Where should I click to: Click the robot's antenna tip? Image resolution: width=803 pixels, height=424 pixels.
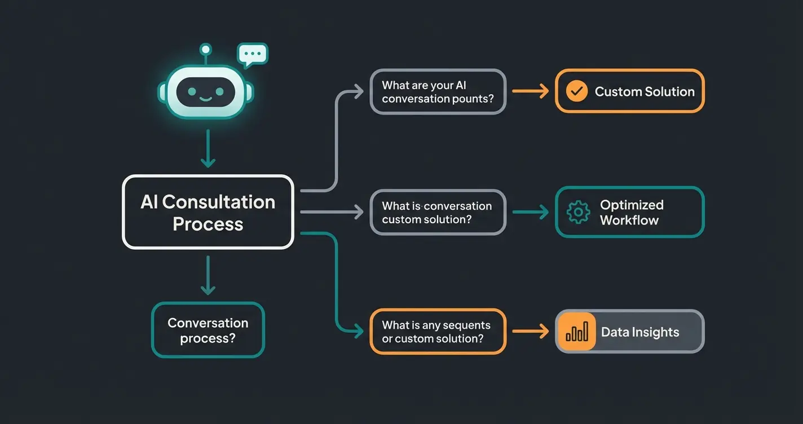(x=206, y=48)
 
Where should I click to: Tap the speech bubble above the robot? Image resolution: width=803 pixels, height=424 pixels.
(x=253, y=54)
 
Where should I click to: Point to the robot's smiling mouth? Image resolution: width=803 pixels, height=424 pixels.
(x=205, y=99)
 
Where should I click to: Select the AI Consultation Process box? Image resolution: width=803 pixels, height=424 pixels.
(x=208, y=212)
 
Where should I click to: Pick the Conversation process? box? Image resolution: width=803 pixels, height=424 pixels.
(x=208, y=330)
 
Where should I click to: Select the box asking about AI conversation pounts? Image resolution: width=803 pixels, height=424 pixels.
(x=438, y=92)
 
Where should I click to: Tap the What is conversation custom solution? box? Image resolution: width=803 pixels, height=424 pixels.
(x=438, y=212)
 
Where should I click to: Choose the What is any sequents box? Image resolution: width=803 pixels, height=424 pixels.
(x=438, y=332)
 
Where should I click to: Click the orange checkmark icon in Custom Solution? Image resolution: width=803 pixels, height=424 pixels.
(x=576, y=91)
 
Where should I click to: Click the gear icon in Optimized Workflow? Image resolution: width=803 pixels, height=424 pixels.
(x=578, y=212)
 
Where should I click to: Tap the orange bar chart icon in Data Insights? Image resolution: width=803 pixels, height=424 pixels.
(x=576, y=332)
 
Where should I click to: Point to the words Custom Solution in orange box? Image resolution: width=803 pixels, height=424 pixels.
(x=645, y=91)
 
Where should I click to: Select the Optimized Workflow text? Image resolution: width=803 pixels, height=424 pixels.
(x=632, y=212)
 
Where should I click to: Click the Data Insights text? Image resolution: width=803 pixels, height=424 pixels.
(x=640, y=332)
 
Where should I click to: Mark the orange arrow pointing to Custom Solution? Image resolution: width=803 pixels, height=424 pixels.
(x=530, y=91)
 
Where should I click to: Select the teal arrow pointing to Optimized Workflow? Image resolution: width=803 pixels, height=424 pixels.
(x=530, y=212)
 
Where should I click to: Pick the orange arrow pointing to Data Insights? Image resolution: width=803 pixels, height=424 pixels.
(x=530, y=332)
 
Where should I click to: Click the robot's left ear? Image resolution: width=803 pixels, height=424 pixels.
(x=162, y=92)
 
